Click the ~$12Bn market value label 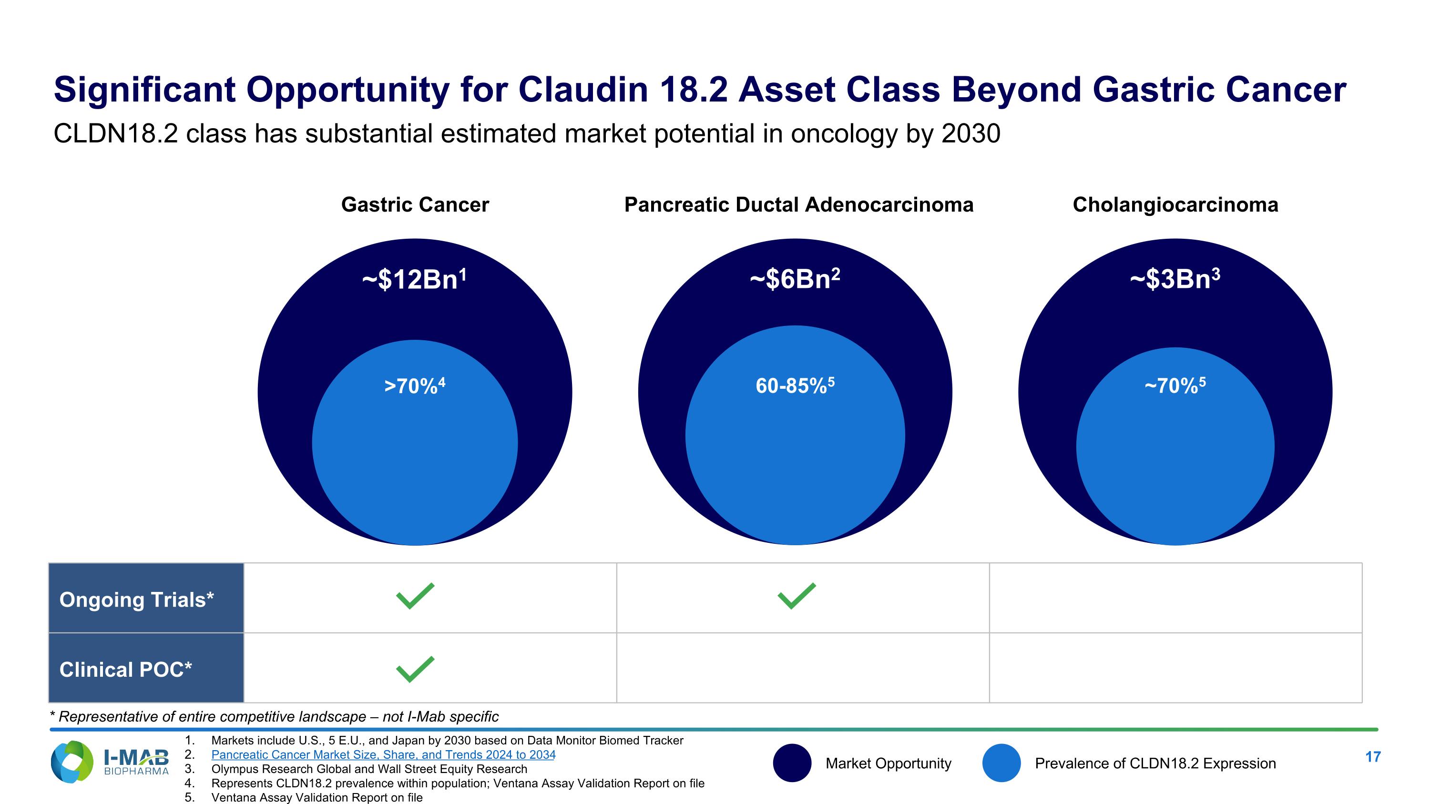[x=414, y=279]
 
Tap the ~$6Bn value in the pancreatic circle [x=795, y=279]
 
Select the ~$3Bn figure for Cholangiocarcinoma [x=1175, y=279]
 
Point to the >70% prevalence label [x=415, y=386]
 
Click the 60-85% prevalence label [x=795, y=386]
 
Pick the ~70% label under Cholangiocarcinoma [x=1175, y=386]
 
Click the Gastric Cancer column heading [x=415, y=205]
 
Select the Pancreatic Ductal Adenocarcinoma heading [x=798, y=205]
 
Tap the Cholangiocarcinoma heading [x=1175, y=205]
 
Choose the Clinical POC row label [x=126, y=670]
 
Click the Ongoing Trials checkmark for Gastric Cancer [x=415, y=597]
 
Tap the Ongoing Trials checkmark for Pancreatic [x=797, y=597]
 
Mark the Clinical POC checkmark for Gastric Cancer [x=415, y=669]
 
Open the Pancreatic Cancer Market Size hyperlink [x=383, y=754]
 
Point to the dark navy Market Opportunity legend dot [x=792, y=763]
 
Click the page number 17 [x=1372, y=757]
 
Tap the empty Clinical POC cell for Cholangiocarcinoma [x=1175, y=668]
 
